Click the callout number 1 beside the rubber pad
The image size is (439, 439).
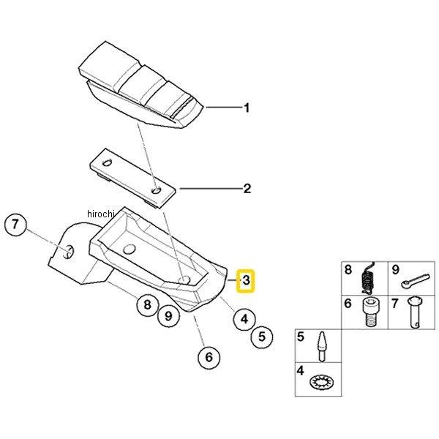tap(247, 108)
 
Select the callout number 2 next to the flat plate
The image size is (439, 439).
tap(247, 189)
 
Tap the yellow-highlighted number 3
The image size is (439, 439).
tap(247, 279)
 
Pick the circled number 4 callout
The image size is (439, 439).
tap(243, 318)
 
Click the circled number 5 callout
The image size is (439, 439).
tap(262, 337)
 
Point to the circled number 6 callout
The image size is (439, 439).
tap(209, 358)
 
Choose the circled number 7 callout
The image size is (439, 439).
tap(18, 225)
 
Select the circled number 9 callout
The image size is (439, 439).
tap(168, 316)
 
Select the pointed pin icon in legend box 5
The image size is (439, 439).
tap(320, 346)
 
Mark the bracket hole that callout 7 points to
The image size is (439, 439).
tap(67, 252)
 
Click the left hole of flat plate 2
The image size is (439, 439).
tap(108, 162)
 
